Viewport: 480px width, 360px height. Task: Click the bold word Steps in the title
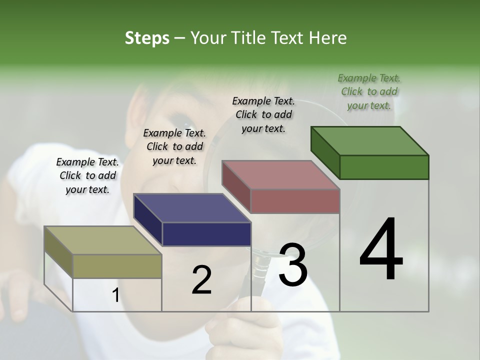pyautogui.click(x=147, y=38)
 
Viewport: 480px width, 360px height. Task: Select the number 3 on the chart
pyautogui.click(x=292, y=265)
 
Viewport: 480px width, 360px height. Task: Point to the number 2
pyautogui.click(x=201, y=280)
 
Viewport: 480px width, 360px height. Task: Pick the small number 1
pyautogui.click(x=115, y=295)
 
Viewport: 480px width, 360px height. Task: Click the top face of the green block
pyautogui.click(x=369, y=140)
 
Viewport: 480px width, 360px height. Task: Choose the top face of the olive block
pyautogui.click(x=102, y=240)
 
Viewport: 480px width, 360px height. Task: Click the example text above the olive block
pyautogui.click(x=87, y=175)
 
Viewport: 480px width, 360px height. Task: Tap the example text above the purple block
pyautogui.click(x=174, y=146)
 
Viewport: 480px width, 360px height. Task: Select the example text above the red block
pyautogui.click(x=263, y=114)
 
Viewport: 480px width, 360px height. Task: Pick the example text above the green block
pyautogui.click(x=369, y=91)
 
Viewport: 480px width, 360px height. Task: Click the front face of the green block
pyautogui.click(x=384, y=167)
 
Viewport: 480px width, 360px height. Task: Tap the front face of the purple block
pyautogui.click(x=206, y=234)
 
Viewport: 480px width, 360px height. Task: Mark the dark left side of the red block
pyautogui.click(x=236, y=186)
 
